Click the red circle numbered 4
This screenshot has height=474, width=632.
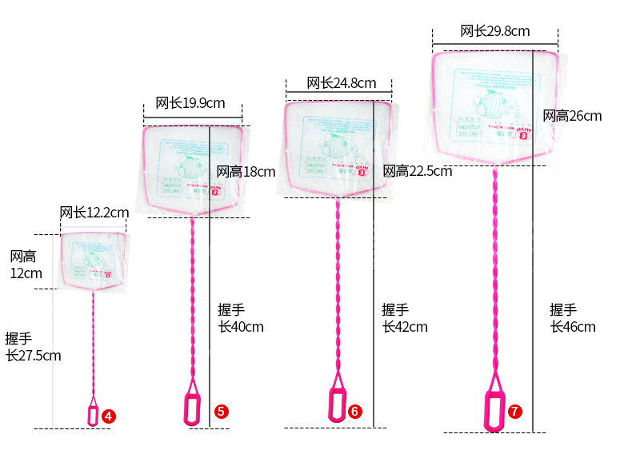click(108, 416)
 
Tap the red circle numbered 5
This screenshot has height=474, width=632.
click(222, 411)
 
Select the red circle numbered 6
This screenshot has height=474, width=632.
click(355, 411)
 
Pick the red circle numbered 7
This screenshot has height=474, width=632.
click(514, 411)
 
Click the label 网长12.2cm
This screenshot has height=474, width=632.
click(94, 212)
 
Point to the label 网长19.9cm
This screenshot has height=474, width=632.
click(190, 102)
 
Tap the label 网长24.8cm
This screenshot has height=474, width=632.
click(341, 83)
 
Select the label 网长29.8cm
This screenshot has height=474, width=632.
click(494, 31)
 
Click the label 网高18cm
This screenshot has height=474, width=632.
click(246, 171)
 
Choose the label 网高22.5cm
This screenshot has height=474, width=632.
click(417, 171)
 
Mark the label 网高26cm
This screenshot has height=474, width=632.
click(572, 116)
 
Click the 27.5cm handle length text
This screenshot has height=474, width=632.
click(33, 347)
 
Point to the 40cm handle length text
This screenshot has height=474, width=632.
click(240, 318)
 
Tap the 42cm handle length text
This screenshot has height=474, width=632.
click(404, 318)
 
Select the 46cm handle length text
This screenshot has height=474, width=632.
click(572, 318)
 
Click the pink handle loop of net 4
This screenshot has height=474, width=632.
click(93, 415)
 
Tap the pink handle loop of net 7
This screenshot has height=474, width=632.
click(494, 410)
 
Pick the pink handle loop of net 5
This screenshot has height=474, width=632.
click(192, 408)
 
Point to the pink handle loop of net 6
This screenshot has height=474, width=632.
click(338, 404)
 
